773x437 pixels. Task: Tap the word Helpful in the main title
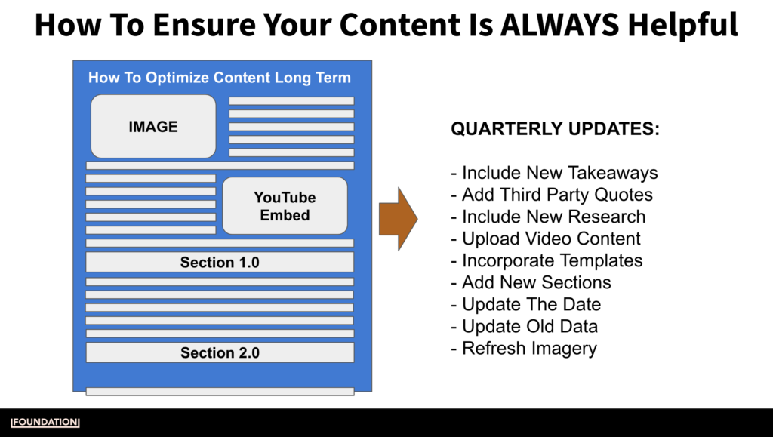click(x=684, y=25)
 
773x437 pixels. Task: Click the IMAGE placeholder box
click(x=153, y=126)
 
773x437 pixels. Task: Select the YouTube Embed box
click(x=285, y=206)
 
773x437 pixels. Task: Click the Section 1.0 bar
click(x=220, y=263)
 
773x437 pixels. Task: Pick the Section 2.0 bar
click(x=220, y=352)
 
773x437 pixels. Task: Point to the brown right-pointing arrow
click(x=397, y=218)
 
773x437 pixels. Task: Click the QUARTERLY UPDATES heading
click(x=555, y=129)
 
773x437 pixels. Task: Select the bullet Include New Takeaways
click(x=554, y=173)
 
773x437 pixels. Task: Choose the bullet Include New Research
click(x=548, y=217)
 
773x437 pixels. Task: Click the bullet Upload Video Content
click(x=545, y=239)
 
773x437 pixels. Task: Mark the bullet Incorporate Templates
click(x=547, y=260)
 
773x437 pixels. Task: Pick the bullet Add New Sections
click(x=531, y=282)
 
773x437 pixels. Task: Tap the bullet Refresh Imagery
click(x=523, y=348)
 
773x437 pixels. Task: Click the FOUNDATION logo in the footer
click(x=45, y=422)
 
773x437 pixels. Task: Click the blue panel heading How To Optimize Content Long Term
click(x=220, y=78)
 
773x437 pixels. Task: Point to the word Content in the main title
click(x=392, y=25)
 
